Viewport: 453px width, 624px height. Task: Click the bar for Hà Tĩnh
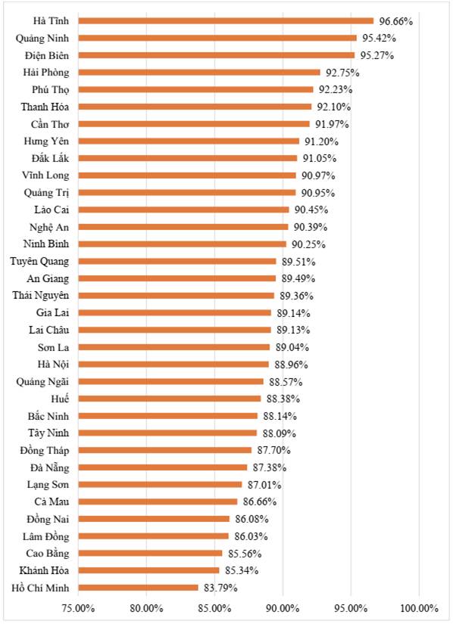click(x=226, y=20)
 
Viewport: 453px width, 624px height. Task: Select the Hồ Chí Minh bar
click(x=139, y=588)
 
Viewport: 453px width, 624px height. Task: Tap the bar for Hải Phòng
click(x=199, y=73)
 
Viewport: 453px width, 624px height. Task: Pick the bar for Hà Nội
click(x=173, y=364)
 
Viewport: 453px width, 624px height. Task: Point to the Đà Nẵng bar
click(x=163, y=467)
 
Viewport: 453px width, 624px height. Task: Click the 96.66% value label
click(x=396, y=21)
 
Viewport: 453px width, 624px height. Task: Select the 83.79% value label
click(x=220, y=588)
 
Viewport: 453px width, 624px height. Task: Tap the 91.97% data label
click(x=333, y=124)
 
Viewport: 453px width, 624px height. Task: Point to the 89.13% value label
click(x=294, y=331)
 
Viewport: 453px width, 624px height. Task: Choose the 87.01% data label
click(x=264, y=485)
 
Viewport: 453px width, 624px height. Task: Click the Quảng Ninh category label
click(x=42, y=39)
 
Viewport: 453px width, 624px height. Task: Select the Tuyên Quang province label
click(x=39, y=262)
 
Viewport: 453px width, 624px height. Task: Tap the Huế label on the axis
click(x=60, y=399)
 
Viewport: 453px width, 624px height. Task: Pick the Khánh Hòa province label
click(x=44, y=570)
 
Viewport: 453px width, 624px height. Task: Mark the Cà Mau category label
click(x=52, y=501)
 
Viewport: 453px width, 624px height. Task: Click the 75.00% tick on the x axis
click(x=79, y=608)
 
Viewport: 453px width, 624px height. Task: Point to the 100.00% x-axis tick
click(x=419, y=608)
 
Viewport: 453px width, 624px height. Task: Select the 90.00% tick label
click(x=283, y=608)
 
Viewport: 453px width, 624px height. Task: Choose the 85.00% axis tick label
click(x=214, y=608)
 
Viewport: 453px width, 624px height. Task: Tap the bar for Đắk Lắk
click(x=188, y=158)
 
